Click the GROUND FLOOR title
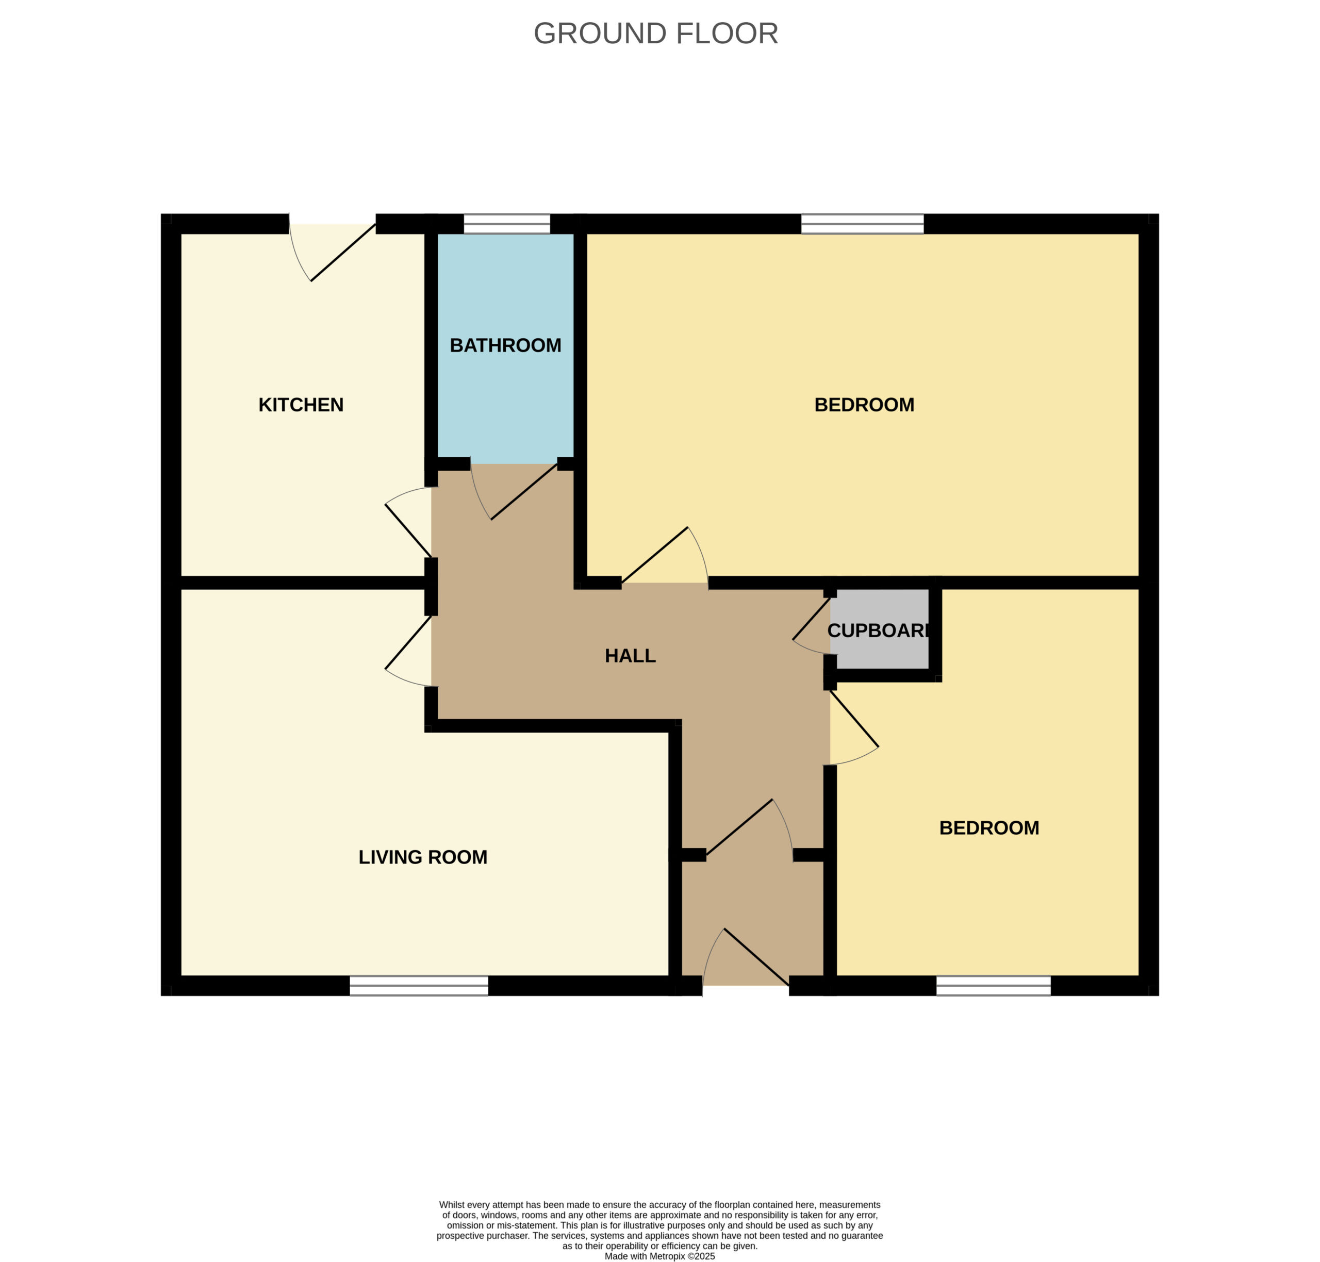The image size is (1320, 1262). [x=655, y=34]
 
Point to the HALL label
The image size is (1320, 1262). [x=630, y=655]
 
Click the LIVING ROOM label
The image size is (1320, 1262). [x=422, y=856]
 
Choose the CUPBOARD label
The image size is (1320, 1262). [x=878, y=630]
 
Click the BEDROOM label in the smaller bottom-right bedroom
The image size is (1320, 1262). [x=989, y=827]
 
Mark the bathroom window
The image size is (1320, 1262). [x=507, y=224]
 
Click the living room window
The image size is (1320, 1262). [x=419, y=986]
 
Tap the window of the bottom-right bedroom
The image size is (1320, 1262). [x=993, y=986]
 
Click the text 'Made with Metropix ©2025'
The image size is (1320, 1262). [x=659, y=1256]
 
